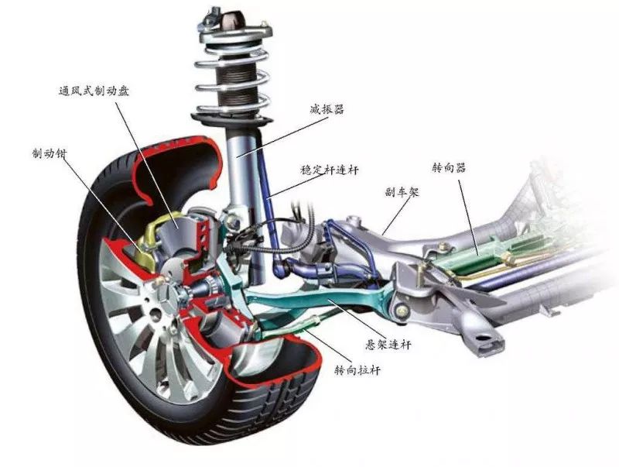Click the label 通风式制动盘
click(x=94, y=90)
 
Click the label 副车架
click(x=401, y=192)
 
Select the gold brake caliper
click(x=157, y=232)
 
